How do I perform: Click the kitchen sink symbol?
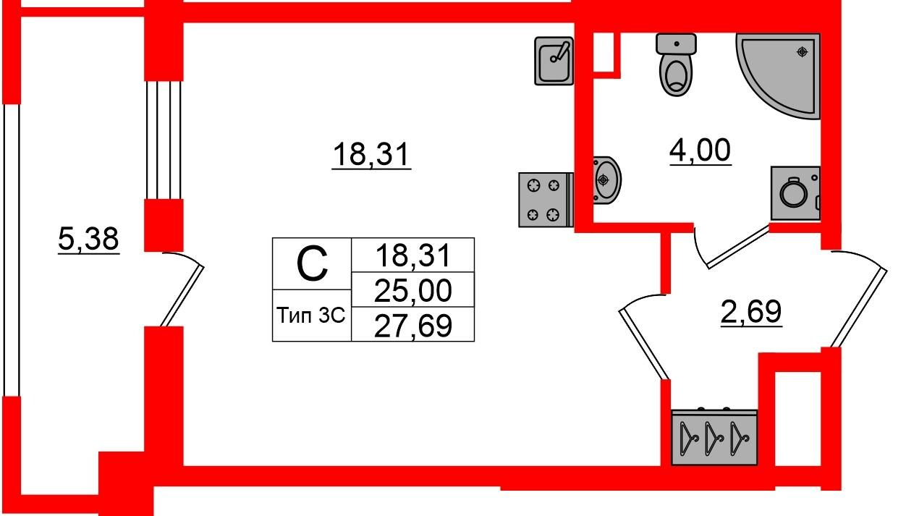pos(554,61)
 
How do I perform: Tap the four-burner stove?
pos(546,200)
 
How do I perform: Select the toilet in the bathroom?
pos(676,64)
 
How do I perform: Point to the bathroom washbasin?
pos(606,180)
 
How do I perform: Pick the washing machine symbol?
pos(795,193)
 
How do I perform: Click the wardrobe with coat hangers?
pos(714,437)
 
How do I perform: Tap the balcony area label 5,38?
pos(88,239)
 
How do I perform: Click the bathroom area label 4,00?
pos(700,151)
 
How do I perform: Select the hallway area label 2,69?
pos(751,311)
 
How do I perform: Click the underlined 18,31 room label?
pos(371,154)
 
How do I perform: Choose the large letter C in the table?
pos(312,264)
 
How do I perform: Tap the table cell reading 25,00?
pos(413,290)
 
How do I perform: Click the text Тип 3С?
pos(311,316)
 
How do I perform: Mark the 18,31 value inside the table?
pos(413,255)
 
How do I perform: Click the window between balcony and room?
pos(164,140)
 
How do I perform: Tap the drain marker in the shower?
pos(802,52)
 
